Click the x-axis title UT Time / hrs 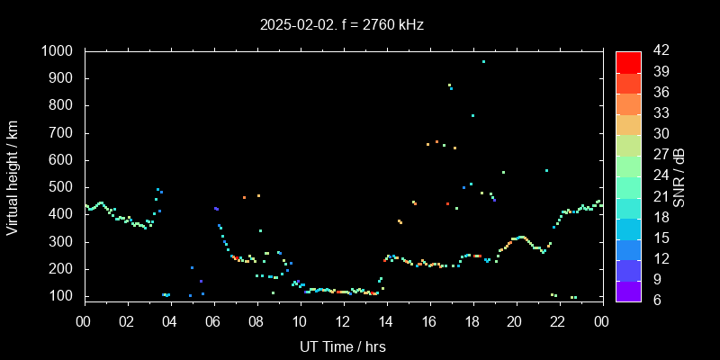point(343,346)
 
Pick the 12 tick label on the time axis point(343,321)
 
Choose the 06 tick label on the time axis point(213,321)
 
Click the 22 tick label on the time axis point(558,321)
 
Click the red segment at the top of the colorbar point(628,61)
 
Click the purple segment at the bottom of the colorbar point(628,291)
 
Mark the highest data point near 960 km point(483,62)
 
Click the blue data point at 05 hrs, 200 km point(192,267)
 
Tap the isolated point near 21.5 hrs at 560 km point(546,170)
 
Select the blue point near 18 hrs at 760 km point(472,115)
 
